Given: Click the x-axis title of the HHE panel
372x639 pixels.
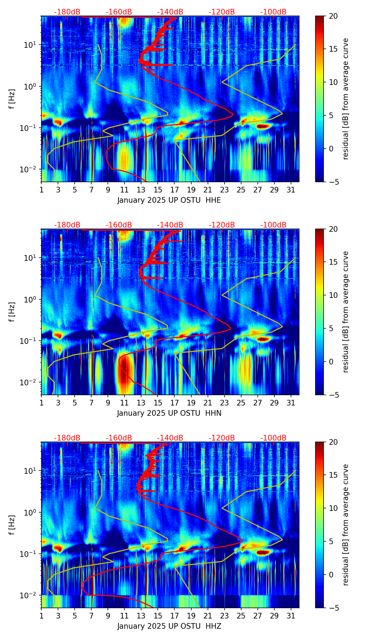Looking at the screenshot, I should click(169, 200).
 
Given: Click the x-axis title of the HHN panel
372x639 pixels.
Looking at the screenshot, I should click(169, 413).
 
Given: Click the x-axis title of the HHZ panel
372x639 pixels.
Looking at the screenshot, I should click(169, 626).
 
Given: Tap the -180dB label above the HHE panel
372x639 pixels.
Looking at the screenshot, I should click(67, 12).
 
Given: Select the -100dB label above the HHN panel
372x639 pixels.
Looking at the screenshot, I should click(273, 225).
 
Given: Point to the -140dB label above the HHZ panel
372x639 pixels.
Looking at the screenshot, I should click(170, 438).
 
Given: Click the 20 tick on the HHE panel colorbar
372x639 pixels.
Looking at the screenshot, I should click(333, 16).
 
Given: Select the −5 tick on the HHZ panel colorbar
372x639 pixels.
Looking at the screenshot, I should click(333, 608).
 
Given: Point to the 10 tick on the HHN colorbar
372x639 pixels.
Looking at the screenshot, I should click(333, 295).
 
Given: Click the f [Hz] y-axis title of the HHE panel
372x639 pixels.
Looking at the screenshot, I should click(12, 99).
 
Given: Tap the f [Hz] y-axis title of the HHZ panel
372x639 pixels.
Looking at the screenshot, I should click(12, 525).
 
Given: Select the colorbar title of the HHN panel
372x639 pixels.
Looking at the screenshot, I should click(346, 312).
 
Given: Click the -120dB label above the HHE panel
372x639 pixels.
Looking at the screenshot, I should click(222, 12).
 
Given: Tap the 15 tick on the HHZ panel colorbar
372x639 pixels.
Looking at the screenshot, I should click(333, 475).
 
